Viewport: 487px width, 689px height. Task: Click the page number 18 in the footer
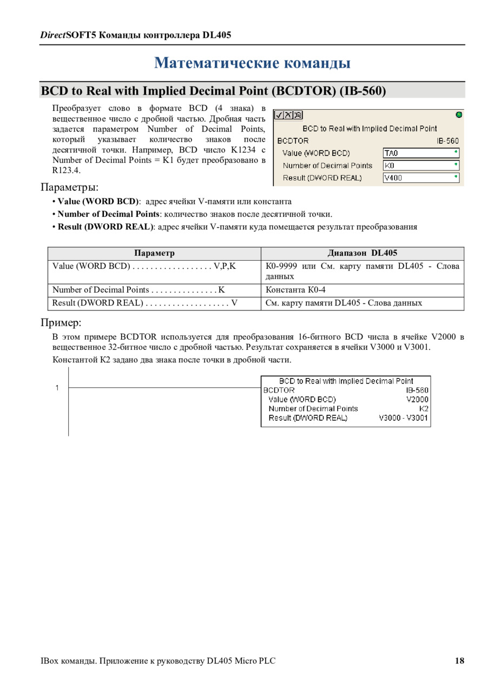[459, 661]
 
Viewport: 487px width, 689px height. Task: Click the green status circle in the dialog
[459, 115]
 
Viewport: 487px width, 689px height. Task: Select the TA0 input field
[421, 153]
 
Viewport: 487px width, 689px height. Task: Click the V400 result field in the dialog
[421, 177]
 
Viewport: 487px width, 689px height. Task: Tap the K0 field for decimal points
[421, 165]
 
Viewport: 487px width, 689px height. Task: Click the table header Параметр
[154, 253]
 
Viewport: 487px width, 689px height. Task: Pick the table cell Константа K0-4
[295, 290]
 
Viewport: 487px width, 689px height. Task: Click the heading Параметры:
[69, 187]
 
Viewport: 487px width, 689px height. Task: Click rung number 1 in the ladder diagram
[57, 387]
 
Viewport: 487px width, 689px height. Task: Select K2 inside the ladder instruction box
[424, 408]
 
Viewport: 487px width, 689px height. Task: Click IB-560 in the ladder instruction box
[417, 390]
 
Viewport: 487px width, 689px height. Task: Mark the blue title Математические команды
[253, 63]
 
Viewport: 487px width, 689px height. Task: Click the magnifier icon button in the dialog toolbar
[298, 115]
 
